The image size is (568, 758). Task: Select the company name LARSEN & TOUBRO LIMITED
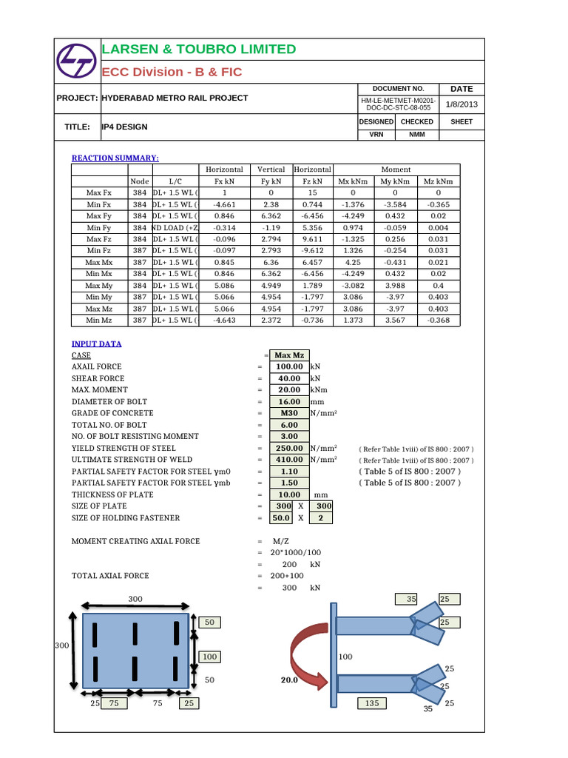tap(198, 50)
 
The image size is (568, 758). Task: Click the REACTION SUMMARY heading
tap(115, 158)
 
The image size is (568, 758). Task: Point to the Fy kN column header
tap(271, 181)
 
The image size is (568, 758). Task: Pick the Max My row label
tap(98, 286)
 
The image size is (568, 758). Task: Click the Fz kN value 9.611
tap(313, 239)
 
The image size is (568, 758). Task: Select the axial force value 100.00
tap(289, 366)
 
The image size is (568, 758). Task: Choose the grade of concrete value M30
tap(289, 413)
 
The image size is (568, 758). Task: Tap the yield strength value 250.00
tap(289, 448)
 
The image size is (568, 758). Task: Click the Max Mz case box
tap(289, 355)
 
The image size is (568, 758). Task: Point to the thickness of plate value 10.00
tap(289, 494)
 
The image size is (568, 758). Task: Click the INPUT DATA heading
tap(97, 343)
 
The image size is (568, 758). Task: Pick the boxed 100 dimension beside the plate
tap(210, 657)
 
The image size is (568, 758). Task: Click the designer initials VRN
tap(376, 135)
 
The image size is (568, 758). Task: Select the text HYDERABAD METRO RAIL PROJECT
tap(175, 98)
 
